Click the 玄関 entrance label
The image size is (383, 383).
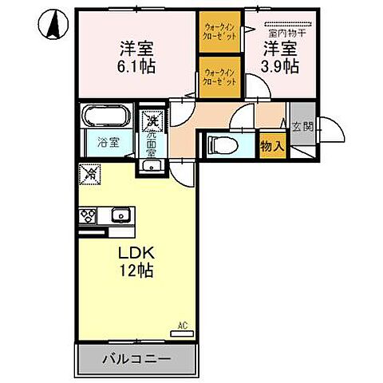coord(302,126)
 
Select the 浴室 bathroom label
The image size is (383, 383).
coord(108,144)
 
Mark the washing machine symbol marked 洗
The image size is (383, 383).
coord(151,121)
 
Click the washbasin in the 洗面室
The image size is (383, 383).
coord(151,166)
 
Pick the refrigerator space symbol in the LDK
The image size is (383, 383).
coord(92,172)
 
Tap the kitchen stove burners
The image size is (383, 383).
coord(88,215)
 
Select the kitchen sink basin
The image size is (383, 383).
coord(122,215)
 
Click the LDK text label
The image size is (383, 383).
coord(136,252)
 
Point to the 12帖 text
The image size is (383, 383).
coord(136,270)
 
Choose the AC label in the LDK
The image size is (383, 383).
coord(183,325)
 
